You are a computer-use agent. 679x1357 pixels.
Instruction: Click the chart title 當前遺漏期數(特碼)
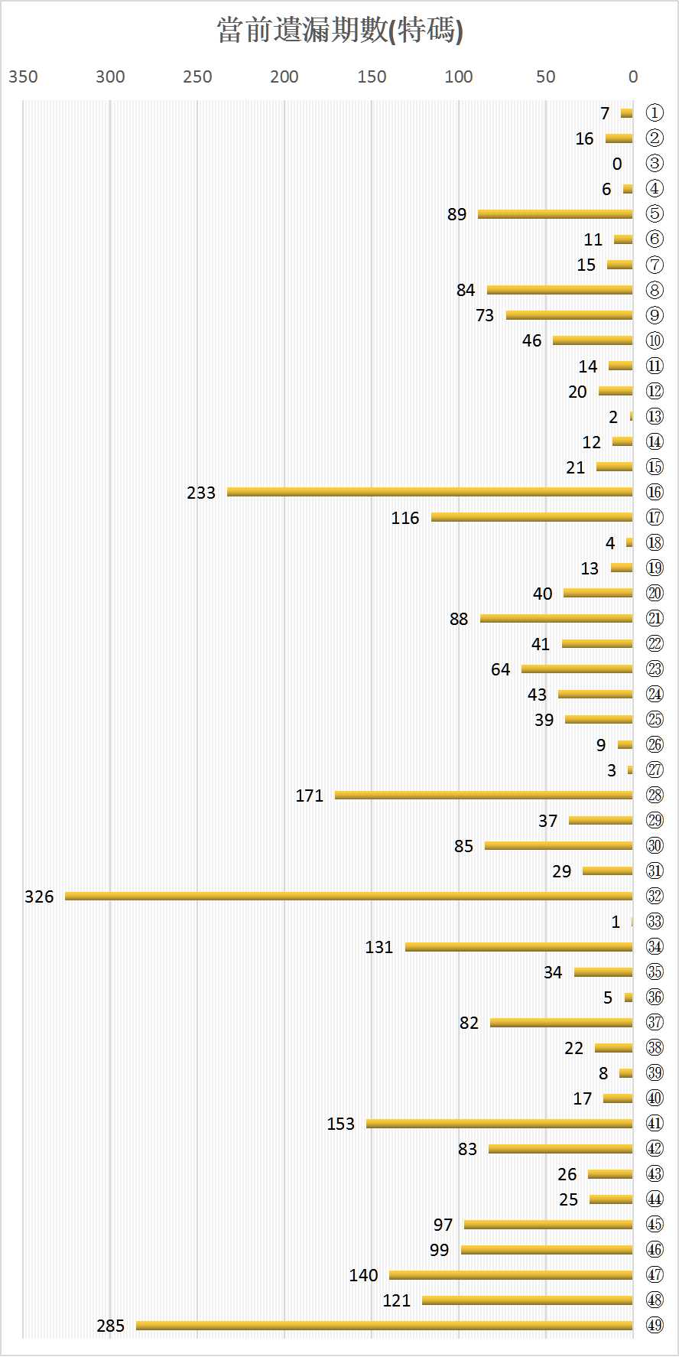pos(339,31)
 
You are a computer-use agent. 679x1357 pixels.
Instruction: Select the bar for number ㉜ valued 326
pos(349,896)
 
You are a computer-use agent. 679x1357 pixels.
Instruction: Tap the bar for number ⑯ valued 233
pos(430,492)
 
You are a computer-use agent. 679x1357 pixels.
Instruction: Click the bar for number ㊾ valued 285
pos(384,1325)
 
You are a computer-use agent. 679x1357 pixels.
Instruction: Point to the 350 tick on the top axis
pos(23,76)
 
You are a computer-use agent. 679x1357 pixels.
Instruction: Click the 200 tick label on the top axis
pos(284,76)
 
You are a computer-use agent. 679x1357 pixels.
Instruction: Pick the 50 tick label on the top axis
pos(545,76)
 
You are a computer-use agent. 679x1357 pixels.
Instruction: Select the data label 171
pos(310,796)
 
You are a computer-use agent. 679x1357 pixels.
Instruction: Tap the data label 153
pos(341,1124)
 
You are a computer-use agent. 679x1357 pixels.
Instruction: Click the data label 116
pos(405,518)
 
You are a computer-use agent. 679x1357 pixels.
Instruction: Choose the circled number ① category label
pos(655,113)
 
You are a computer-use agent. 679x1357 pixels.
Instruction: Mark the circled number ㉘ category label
pos(655,795)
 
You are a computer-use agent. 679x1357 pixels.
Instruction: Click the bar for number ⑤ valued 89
pos(555,214)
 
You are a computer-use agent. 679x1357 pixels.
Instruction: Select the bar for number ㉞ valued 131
pos(518,947)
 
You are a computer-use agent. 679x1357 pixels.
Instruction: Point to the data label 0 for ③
pos(617,164)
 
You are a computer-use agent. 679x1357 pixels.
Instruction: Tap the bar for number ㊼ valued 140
pos(511,1274)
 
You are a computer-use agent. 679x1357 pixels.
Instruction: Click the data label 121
pos(397,1300)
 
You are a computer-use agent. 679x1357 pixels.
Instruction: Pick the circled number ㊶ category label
pos(655,1123)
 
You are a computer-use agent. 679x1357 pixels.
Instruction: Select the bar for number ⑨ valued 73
pos(569,315)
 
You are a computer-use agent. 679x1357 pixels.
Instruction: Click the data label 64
pos(500,669)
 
